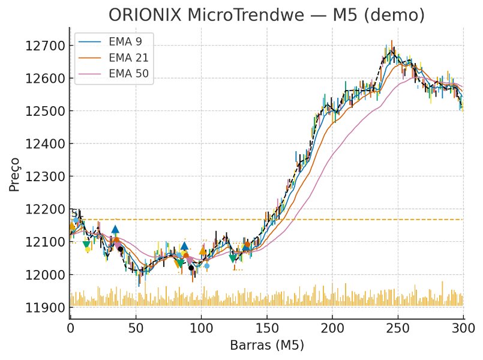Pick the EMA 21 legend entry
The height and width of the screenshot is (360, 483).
click(x=128, y=58)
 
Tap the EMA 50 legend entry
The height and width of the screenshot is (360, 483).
click(x=128, y=74)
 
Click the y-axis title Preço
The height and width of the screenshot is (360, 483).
click(x=15, y=174)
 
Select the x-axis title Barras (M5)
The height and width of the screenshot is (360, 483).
click(x=266, y=346)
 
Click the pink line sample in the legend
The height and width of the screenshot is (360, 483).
click(x=91, y=74)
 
